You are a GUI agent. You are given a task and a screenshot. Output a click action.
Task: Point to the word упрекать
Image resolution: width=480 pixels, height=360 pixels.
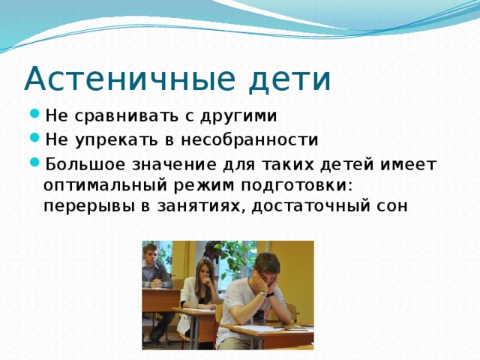pos(114,139)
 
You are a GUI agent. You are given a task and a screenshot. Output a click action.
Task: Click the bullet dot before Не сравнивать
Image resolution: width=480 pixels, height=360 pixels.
pos(35,116)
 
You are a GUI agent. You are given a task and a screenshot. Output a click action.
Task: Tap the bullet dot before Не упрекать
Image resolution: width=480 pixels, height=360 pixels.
pos(35,139)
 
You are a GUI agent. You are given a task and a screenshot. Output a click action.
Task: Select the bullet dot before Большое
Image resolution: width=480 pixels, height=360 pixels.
pos(35,163)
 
